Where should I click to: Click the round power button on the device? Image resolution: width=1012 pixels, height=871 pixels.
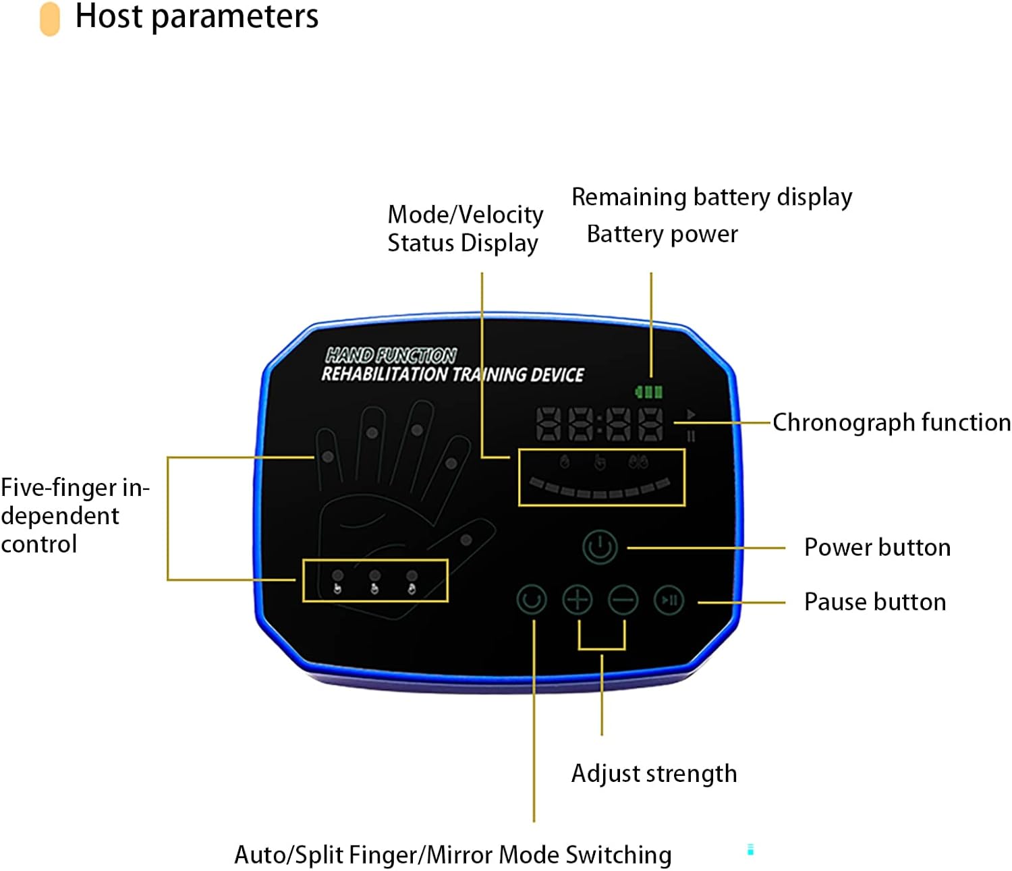tap(600, 546)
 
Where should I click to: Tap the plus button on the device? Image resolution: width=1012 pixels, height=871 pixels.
tap(578, 600)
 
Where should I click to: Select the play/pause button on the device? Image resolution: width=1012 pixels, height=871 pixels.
tap(669, 600)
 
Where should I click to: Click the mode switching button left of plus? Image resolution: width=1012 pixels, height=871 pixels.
tap(531, 600)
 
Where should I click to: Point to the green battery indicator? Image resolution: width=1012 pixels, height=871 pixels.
tap(649, 391)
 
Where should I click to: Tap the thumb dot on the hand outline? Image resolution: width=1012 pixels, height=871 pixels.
tap(466, 540)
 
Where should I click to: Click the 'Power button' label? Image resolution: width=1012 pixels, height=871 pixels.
tap(877, 547)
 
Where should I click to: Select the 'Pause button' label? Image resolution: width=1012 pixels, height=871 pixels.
tap(875, 602)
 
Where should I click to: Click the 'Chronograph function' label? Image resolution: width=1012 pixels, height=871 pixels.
tap(891, 422)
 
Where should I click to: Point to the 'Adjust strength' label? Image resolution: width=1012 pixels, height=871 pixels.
tap(654, 773)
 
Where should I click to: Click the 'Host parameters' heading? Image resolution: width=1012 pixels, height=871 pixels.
tap(196, 16)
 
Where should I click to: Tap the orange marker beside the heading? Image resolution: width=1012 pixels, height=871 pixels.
tap(50, 18)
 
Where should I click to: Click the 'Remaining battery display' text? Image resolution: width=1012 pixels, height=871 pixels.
tap(712, 197)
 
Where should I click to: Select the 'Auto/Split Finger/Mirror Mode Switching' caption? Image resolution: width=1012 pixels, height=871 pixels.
tap(453, 855)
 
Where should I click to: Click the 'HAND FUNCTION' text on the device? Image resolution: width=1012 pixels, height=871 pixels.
tap(391, 355)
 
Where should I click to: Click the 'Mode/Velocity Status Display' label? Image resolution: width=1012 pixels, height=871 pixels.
tap(465, 229)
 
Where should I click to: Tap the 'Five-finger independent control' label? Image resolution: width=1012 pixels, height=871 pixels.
tap(74, 515)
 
